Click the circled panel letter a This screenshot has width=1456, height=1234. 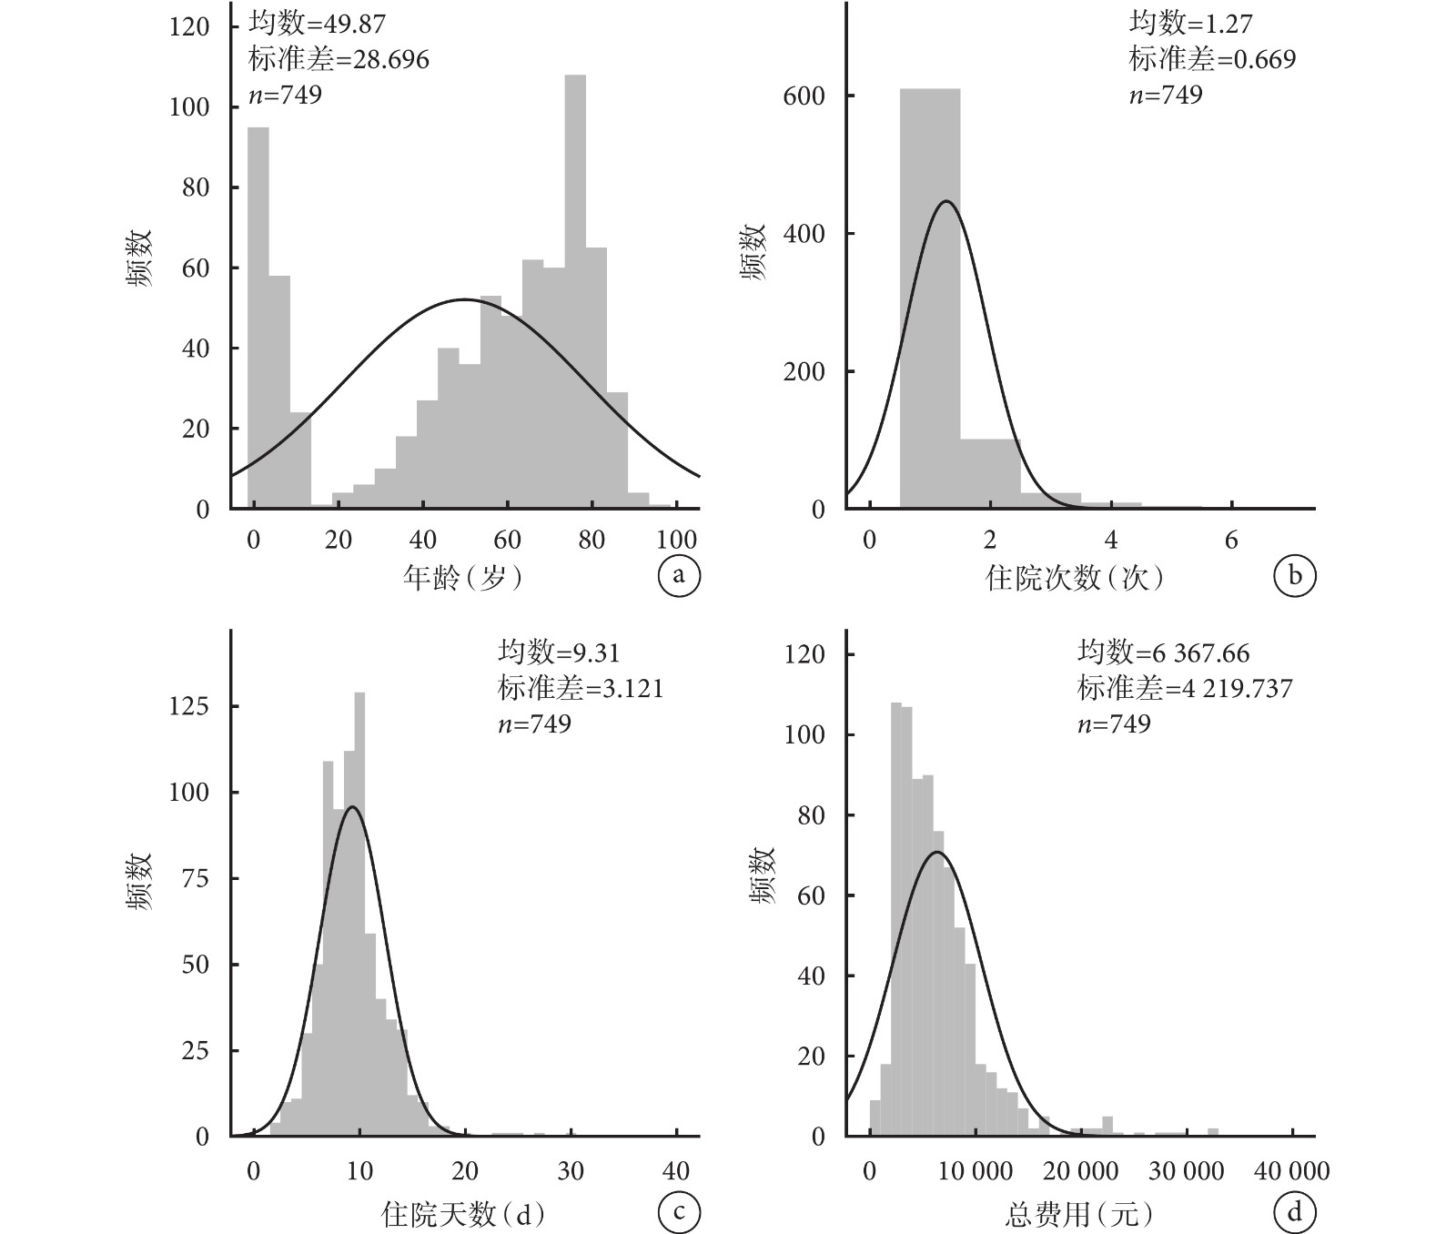679,575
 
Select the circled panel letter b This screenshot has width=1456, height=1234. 1294,575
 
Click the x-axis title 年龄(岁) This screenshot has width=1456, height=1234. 463,578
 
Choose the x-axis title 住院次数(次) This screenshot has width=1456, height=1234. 1075,578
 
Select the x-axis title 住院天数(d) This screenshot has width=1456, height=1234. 463,1214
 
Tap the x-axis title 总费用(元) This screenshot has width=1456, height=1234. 1079,1214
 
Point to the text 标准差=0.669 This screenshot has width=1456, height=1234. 1212,59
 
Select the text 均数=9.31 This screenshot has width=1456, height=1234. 559,652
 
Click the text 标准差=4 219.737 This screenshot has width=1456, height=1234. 1185,688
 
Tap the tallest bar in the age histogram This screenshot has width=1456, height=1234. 575,291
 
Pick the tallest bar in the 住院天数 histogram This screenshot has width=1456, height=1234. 359,915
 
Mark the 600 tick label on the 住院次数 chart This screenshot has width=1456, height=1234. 804,96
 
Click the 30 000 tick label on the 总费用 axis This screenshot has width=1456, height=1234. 1186,1171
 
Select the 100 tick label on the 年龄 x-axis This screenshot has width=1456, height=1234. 676,539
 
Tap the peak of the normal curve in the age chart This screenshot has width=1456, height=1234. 464,298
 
